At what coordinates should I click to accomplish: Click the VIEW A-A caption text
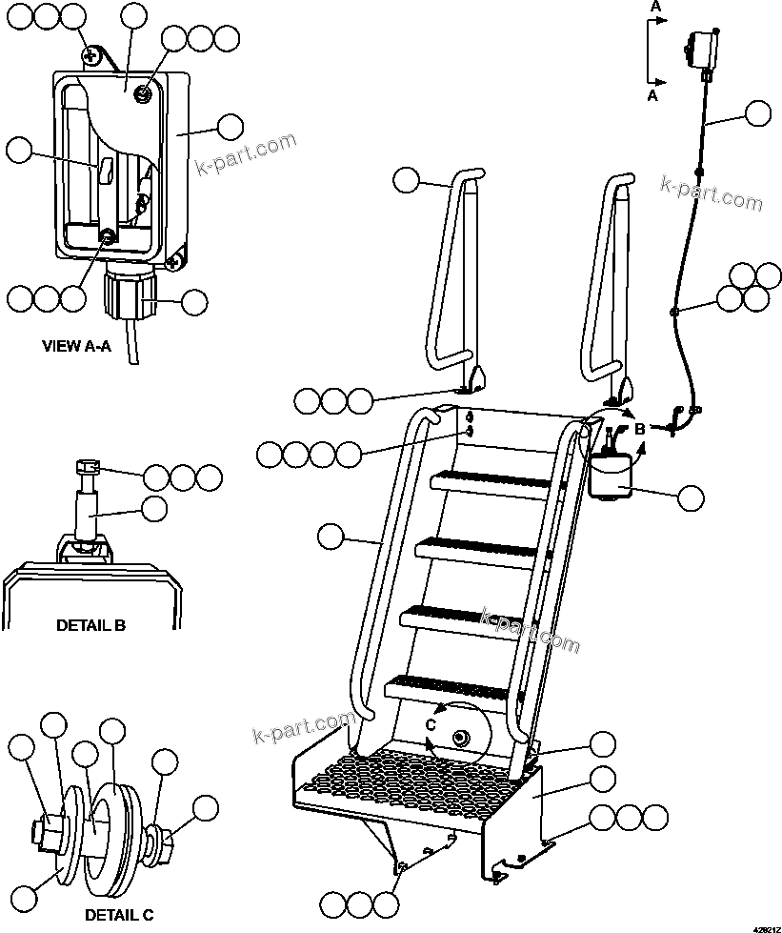tap(76, 346)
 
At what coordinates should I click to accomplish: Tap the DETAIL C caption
tap(118, 915)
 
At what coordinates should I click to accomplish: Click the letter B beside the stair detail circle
tap(640, 429)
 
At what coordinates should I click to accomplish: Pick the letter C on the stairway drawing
tap(431, 725)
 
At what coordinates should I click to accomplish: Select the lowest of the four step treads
tap(448, 684)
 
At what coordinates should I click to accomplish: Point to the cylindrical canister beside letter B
tap(611, 475)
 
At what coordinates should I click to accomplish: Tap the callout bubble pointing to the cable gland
tap(193, 303)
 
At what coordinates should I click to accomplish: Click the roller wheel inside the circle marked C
tap(462, 739)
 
